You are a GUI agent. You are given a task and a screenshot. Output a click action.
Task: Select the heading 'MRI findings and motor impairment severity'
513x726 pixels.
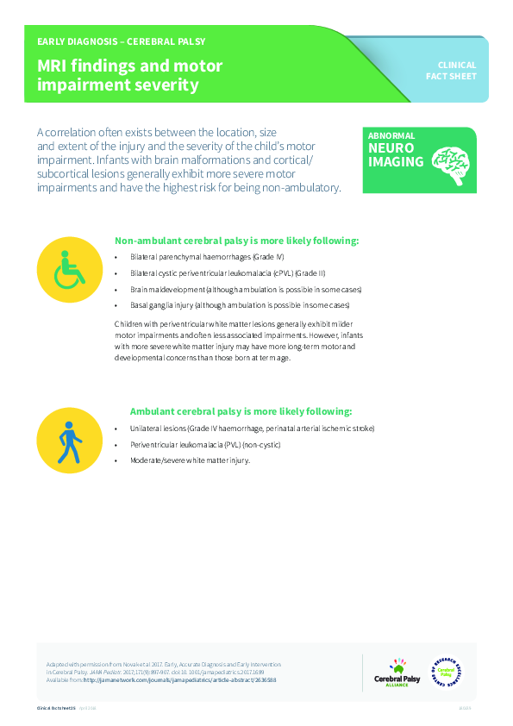[x=130, y=76]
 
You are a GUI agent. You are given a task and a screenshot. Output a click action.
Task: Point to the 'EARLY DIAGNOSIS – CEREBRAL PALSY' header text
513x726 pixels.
[x=121, y=41]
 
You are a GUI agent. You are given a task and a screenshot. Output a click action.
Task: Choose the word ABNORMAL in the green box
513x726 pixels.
[x=391, y=135]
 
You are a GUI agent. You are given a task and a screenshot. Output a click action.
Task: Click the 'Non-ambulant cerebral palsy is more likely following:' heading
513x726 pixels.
[x=237, y=241]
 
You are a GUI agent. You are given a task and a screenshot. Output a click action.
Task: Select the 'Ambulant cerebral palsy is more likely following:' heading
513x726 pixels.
[x=241, y=411]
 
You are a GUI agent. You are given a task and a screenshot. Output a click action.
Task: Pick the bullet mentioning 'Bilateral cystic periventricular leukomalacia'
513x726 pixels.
[x=216, y=273]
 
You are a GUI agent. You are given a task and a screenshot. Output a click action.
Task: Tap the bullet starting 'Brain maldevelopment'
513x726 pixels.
[x=246, y=289]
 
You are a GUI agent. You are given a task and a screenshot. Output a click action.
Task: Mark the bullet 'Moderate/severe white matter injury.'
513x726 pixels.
[x=190, y=460]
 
